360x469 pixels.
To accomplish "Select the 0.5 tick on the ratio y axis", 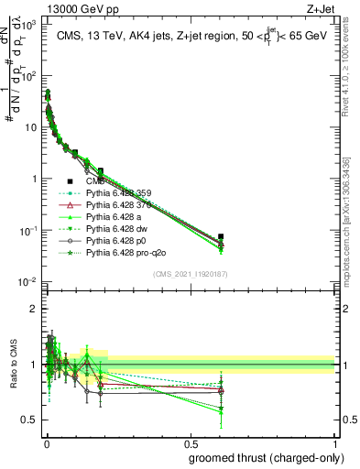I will click(x=30, y=420).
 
